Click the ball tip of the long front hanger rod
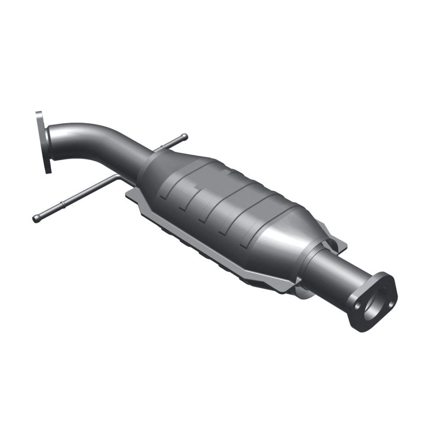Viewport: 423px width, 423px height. pyautogui.click(x=36, y=218)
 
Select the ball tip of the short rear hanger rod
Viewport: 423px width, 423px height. pyautogui.click(x=185, y=137)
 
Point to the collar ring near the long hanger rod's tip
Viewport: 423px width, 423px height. pyautogui.click(x=62, y=205)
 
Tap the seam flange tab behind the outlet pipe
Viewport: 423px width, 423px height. pyautogui.click(x=338, y=243)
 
